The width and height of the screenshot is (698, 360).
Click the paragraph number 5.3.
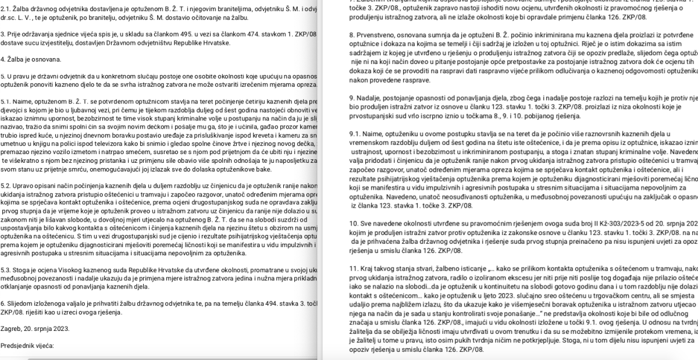[6, 270]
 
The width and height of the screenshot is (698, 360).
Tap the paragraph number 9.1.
[355, 134]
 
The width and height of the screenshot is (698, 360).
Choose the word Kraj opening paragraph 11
[371, 268]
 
